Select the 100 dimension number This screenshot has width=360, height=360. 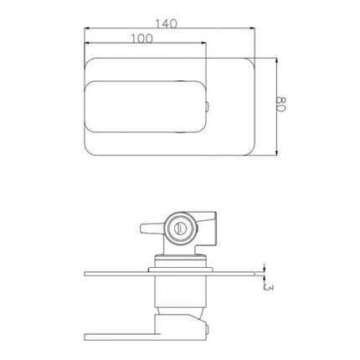pyautogui.click(x=142, y=39)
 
